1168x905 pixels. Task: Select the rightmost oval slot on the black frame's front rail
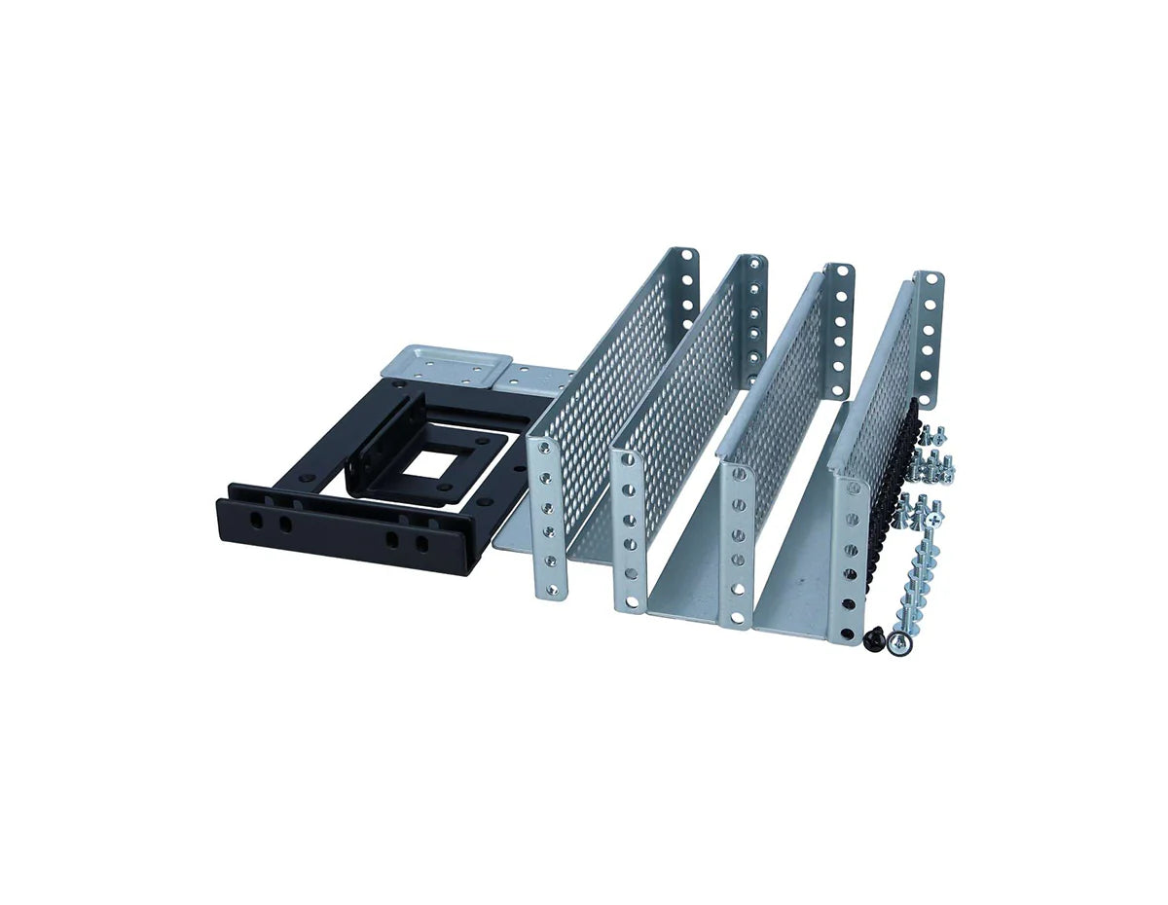tap(421, 543)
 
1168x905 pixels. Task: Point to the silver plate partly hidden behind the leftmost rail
tap(532, 380)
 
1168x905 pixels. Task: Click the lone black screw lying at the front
tap(874, 637)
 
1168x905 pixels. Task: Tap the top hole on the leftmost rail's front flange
tap(543, 454)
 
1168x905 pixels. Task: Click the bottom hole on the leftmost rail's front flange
tap(551, 588)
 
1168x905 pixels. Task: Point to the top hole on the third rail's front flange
tap(737, 483)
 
